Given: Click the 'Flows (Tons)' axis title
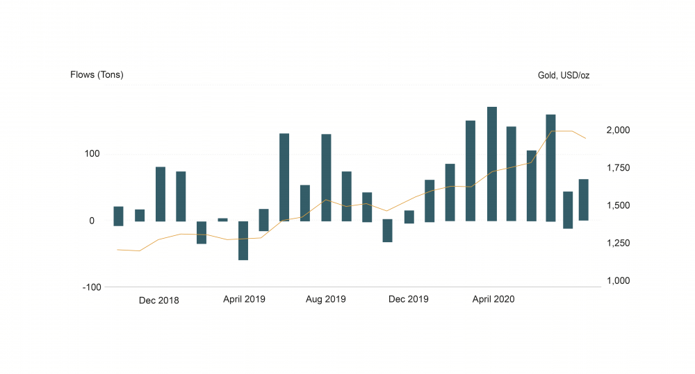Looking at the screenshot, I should pos(97,75).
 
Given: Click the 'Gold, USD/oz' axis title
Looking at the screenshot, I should pos(563,75).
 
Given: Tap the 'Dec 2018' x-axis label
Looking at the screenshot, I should pos(158,300).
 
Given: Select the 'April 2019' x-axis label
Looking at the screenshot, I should pos(244,300).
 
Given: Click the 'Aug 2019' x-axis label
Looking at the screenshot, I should pos(326,300).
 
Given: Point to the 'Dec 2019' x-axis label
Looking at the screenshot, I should pos(409,300).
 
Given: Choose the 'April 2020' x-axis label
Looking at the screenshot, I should pos(493,300).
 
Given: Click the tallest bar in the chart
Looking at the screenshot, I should pos(492,164).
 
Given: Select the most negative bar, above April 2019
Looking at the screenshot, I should pos(243,240).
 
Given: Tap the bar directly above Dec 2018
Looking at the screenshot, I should pos(161,194).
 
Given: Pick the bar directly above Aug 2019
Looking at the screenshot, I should pos(326,178).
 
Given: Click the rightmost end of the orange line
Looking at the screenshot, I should pos(586,138).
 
